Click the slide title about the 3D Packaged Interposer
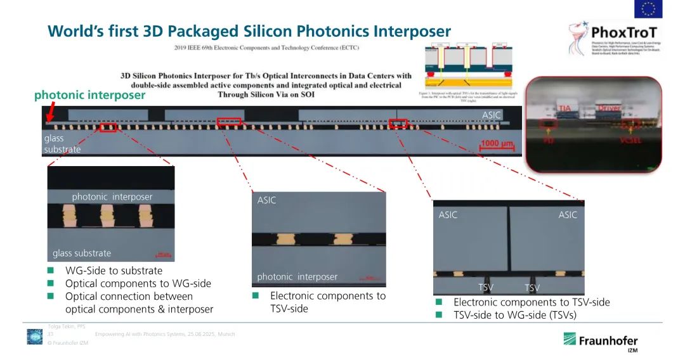click(249, 31)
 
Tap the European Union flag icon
click(648, 8)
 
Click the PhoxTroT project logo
click(613, 37)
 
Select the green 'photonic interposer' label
click(89, 95)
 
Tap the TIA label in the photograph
click(566, 108)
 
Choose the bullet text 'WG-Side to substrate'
click(114, 271)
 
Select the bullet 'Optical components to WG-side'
click(138, 283)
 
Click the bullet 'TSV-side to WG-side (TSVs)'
click(514, 315)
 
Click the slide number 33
click(50, 333)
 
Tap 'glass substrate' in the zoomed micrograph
click(82, 253)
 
